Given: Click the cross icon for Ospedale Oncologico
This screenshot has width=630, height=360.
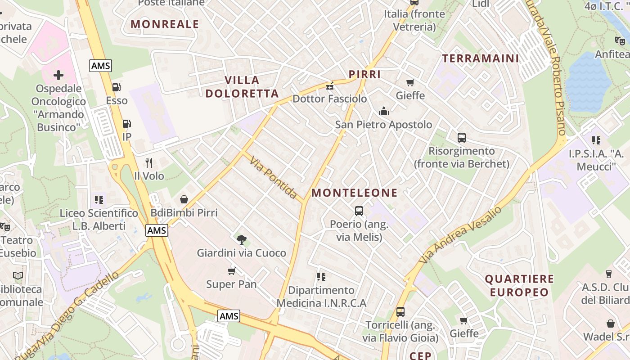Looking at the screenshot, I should (58, 75).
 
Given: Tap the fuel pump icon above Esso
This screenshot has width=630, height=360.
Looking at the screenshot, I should (117, 87).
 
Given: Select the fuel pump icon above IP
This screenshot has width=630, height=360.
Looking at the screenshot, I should (127, 124).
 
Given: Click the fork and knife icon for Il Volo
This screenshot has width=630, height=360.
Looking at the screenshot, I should (149, 162).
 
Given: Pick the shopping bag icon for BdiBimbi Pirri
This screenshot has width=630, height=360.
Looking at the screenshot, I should (184, 199).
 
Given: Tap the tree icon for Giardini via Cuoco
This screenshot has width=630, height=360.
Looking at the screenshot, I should (242, 239).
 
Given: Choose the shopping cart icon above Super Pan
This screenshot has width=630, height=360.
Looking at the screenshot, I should (231, 271).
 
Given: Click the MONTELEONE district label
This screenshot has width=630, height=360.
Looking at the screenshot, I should (355, 193).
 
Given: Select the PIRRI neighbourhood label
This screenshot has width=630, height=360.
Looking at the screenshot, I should (364, 74).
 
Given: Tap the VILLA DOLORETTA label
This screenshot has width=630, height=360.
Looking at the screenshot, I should (252, 87).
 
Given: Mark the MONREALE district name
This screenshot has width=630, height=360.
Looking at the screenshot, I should (165, 24).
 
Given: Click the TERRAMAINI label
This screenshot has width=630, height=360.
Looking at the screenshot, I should (481, 58).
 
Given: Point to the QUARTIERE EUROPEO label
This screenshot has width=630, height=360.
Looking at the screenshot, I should (519, 285).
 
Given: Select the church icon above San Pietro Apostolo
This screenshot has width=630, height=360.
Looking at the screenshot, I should (383, 111).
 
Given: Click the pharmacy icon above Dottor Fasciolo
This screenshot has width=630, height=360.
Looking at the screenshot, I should (330, 85).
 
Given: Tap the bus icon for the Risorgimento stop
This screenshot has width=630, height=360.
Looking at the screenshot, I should (461, 138).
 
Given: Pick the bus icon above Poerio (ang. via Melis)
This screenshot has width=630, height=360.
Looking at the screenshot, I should (359, 211).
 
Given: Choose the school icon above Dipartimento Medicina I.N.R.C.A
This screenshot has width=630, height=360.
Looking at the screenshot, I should (321, 276).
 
